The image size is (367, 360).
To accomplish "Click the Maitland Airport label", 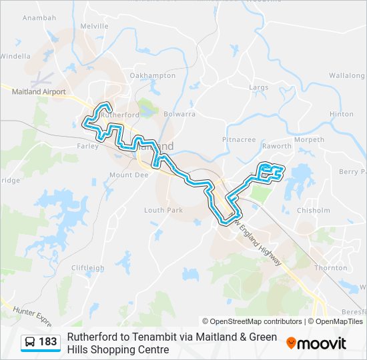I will click(39, 92).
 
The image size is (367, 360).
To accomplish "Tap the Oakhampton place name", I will click(152, 75).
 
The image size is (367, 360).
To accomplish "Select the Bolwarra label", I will click(179, 114).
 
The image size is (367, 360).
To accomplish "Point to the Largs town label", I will click(259, 87).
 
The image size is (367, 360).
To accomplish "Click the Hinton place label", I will click(341, 114).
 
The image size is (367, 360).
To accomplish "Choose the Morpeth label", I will click(309, 140).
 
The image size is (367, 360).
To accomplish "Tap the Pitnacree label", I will click(239, 140).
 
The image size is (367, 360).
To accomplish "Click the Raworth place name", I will click(277, 146).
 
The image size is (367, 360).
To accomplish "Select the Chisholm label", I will click(313, 210).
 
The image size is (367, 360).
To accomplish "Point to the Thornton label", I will click(330, 268).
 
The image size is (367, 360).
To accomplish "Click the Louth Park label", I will click(163, 210).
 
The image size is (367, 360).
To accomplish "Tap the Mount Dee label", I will click(123, 175).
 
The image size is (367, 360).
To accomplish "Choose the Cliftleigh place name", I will click(87, 268).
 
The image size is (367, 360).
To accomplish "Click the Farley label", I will click(87, 145).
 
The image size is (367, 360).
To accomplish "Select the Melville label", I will click(94, 25).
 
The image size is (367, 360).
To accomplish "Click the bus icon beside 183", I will click(30, 342).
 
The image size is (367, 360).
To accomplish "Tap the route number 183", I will click(48, 342).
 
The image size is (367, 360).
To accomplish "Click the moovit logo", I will click(316, 343).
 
